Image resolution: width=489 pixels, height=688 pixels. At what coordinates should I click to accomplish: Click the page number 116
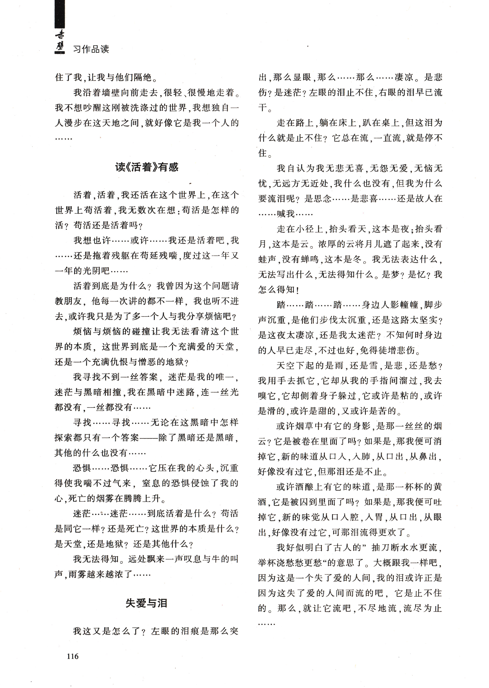pyautogui.click(x=73, y=656)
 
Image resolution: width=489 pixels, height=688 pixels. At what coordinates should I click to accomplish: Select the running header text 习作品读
pyautogui.click(x=91, y=49)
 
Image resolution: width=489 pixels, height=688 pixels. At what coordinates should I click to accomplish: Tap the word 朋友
pyautogui.click(x=73, y=301)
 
